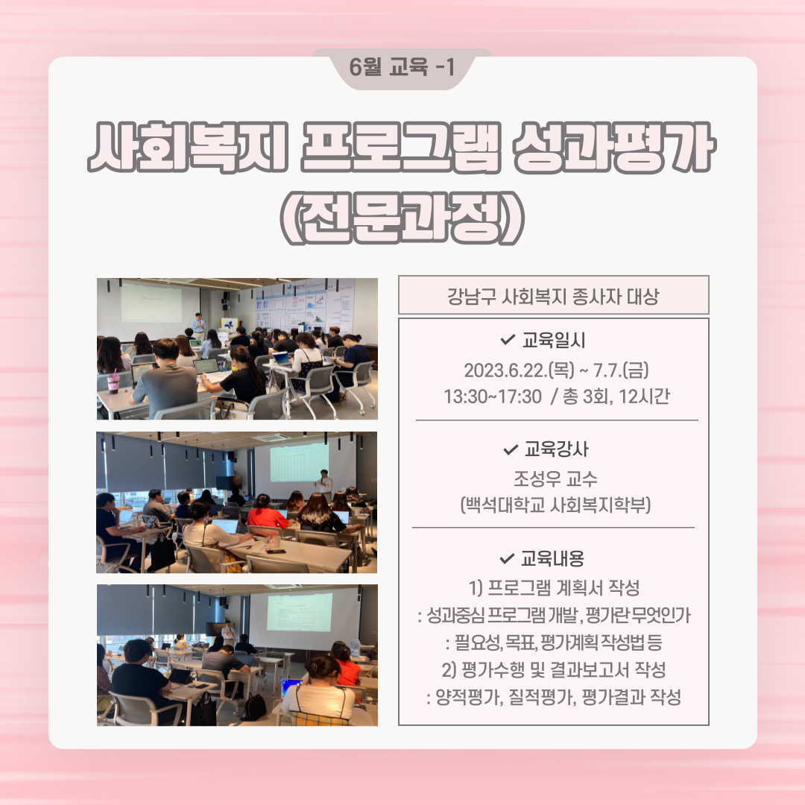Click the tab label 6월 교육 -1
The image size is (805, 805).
(x=402, y=67)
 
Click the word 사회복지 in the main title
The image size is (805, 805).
(x=188, y=147)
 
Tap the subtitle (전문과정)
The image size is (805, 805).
(x=402, y=218)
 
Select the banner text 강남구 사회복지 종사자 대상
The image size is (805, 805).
(x=553, y=296)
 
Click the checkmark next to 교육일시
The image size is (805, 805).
(x=508, y=339)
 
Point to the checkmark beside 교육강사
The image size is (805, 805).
(x=511, y=449)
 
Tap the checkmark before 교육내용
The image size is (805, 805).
(x=507, y=558)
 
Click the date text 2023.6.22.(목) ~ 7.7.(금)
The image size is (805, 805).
(x=557, y=370)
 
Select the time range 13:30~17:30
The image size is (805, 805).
(x=493, y=397)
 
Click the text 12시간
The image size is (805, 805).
(x=644, y=397)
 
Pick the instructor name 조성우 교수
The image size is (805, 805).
(x=555, y=479)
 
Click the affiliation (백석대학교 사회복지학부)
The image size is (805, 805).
(x=555, y=505)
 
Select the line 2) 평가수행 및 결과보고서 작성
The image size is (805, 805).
(x=554, y=669)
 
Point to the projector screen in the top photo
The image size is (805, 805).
(x=151, y=302)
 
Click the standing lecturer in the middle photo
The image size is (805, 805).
(x=324, y=485)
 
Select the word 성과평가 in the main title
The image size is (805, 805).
(x=613, y=147)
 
